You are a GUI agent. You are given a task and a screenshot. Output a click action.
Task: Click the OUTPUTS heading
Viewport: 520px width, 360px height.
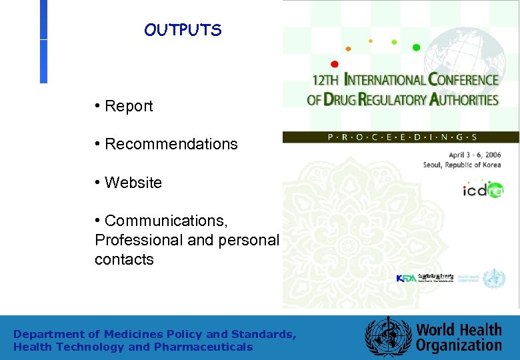click(182, 31)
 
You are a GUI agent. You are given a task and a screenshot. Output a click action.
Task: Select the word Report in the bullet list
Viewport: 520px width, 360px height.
click(129, 106)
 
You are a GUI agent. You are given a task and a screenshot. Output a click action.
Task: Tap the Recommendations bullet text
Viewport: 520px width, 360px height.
click(171, 144)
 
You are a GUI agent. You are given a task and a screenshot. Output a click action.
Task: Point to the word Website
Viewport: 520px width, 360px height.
click(133, 183)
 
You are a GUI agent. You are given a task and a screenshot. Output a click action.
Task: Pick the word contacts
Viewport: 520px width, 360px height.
click(124, 259)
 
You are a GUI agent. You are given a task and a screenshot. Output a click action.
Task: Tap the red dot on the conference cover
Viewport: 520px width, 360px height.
click(335, 64)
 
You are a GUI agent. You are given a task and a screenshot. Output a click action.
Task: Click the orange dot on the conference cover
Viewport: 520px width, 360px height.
click(348, 49)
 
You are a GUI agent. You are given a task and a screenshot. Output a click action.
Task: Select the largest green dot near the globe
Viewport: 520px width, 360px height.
click(417, 47)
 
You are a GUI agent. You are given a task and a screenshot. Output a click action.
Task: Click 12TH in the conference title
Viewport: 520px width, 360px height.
click(327, 80)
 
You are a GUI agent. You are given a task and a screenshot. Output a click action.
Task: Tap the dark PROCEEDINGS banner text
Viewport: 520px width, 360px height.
click(401, 137)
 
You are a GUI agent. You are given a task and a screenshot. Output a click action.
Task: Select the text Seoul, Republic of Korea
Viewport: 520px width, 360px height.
click(461, 165)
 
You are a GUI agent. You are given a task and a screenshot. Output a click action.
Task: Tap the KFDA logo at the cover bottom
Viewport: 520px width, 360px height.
click(406, 278)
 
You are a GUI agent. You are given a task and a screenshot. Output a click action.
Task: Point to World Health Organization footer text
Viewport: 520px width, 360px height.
click(459, 337)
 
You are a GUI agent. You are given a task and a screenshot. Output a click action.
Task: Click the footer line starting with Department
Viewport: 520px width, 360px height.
click(155, 334)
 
